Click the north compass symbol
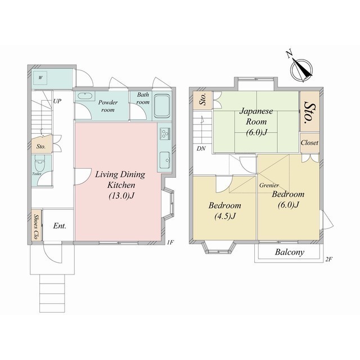[x=301, y=68]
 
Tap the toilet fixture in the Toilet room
[x=40, y=163]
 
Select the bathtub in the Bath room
[x=161, y=106]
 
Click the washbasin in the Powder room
[x=84, y=96]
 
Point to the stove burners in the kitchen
[x=165, y=134]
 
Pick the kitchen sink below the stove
[x=165, y=160]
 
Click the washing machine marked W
[x=40, y=78]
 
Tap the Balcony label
[x=290, y=252]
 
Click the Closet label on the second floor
[x=309, y=142]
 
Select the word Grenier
[x=269, y=185]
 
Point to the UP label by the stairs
[x=57, y=101]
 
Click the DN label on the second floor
[x=201, y=148]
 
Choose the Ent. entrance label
[x=60, y=226]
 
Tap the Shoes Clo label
[x=36, y=227]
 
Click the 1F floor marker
[x=170, y=242]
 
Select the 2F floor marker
[x=329, y=259]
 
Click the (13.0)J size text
[x=121, y=196]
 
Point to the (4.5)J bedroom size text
[x=225, y=216]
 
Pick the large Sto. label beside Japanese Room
[x=310, y=111]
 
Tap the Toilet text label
[x=37, y=174]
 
